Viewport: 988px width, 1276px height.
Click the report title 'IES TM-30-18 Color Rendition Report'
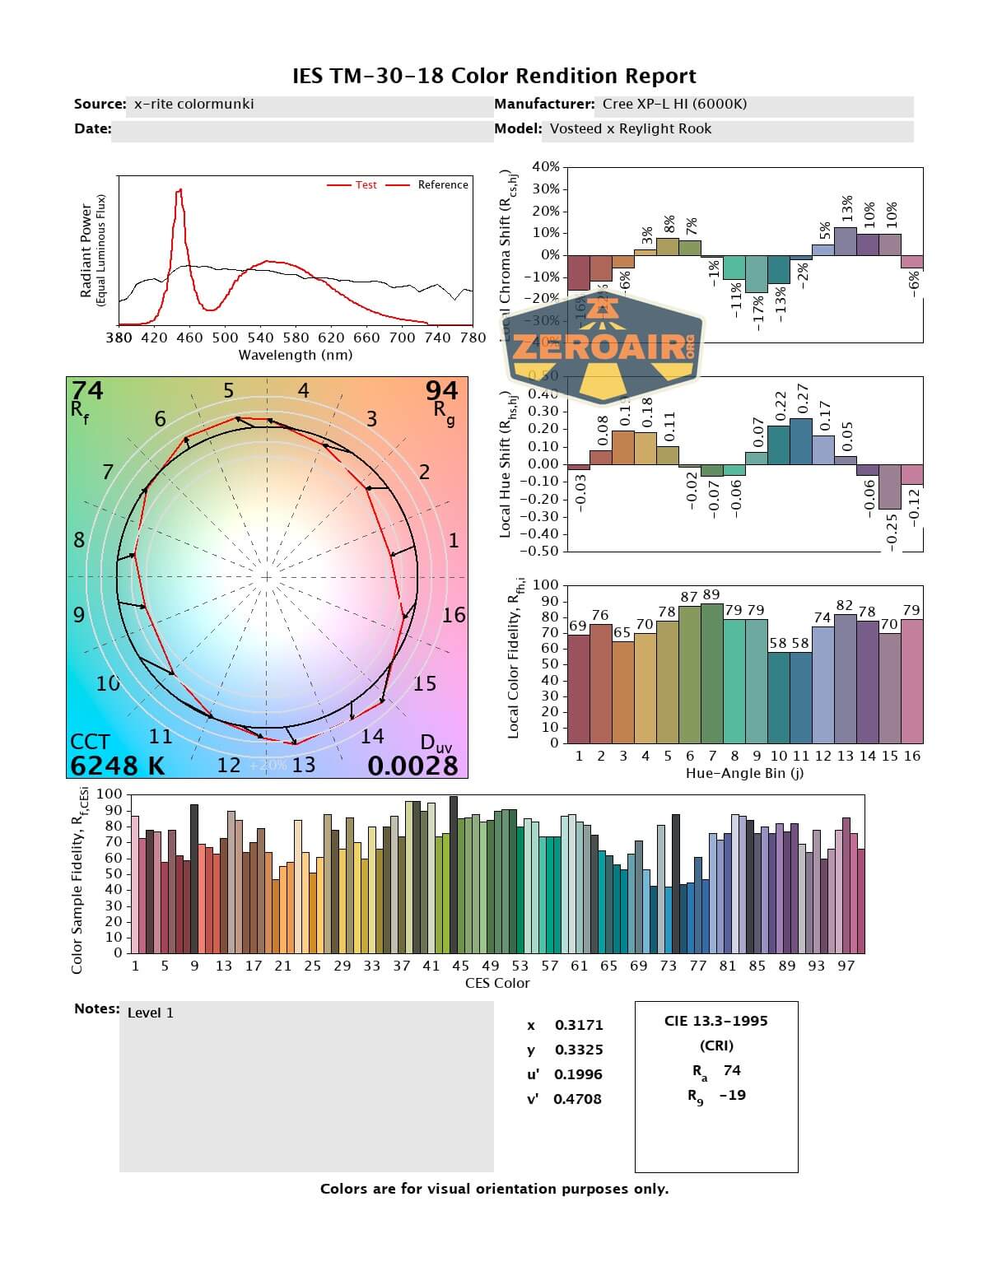[494, 77]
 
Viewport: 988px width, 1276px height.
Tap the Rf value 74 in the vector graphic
[87, 389]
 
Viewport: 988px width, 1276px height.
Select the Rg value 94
[441, 389]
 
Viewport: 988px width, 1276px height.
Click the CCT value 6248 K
[117, 766]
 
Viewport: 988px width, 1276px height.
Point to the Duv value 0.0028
[412, 766]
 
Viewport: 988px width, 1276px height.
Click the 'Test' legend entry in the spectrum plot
[366, 185]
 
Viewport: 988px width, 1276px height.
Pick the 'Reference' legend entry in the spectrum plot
[442, 185]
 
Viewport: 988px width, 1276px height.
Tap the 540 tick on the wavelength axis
[260, 338]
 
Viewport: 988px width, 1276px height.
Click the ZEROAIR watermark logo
[603, 347]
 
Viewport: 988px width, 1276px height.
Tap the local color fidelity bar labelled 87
[689, 674]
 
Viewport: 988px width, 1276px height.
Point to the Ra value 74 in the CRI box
[732, 1070]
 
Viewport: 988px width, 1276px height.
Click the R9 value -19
[732, 1095]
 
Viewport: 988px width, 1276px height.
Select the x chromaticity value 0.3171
[579, 1025]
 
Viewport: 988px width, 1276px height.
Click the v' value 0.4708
[577, 1099]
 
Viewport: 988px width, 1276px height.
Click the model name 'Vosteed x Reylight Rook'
[630, 128]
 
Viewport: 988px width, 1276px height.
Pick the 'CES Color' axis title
[497, 983]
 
